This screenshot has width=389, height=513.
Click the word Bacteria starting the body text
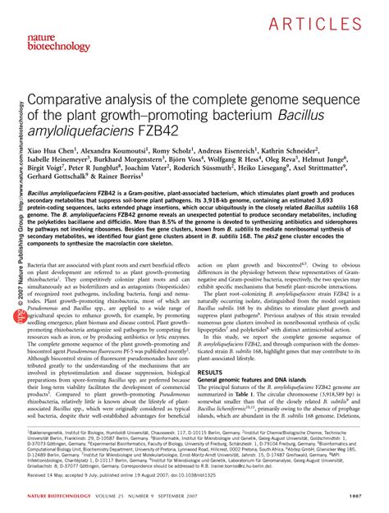pyautogui.click(x=42, y=265)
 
